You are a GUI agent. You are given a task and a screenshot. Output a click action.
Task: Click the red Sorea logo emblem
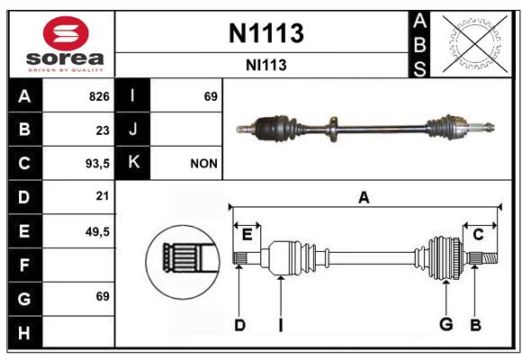[x=66, y=33]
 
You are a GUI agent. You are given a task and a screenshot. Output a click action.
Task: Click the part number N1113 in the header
[x=266, y=33]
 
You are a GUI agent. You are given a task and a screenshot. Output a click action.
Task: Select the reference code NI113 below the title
[x=266, y=65]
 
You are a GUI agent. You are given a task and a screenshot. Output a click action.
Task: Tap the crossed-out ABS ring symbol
[x=475, y=43]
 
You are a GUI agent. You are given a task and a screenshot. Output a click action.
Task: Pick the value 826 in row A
[x=99, y=96]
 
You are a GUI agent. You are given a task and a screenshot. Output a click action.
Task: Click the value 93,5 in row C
[x=97, y=164]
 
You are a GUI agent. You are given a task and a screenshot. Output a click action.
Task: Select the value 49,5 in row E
[x=97, y=231]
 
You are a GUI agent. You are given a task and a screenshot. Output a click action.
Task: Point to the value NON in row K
[x=203, y=164]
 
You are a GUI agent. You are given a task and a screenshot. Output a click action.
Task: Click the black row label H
[x=25, y=332]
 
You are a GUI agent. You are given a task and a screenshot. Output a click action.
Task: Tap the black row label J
[x=132, y=130]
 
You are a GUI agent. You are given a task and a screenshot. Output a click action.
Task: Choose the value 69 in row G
[x=103, y=296]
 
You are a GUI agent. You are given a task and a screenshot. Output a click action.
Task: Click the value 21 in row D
[x=103, y=196]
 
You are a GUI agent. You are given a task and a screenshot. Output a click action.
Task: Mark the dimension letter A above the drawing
[x=364, y=197]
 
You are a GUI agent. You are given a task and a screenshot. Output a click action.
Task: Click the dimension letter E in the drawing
[x=247, y=235]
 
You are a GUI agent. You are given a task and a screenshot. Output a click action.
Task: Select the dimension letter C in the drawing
[x=478, y=235]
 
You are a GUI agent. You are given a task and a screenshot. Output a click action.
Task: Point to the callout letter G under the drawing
[x=446, y=324]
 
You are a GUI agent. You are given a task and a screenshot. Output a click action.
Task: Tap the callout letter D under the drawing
[x=239, y=325]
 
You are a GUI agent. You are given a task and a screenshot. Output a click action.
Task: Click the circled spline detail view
[x=183, y=261]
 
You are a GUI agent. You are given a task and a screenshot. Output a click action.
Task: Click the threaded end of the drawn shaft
[x=490, y=258]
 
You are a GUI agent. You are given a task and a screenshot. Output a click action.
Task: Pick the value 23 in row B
[x=103, y=130]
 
